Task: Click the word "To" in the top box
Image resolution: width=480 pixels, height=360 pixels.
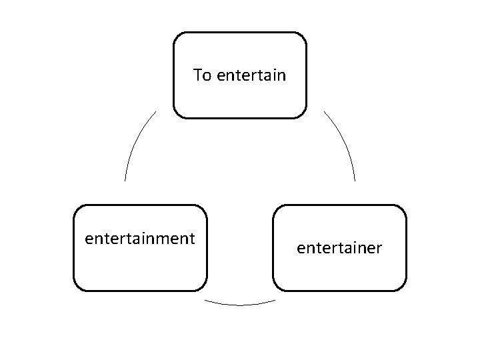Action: coord(201,75)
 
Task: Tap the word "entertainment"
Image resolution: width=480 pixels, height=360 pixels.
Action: coord(140,238)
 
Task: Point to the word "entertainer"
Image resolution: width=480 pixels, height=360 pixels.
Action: coord(339,249)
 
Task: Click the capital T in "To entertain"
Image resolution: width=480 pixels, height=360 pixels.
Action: coord(197,75)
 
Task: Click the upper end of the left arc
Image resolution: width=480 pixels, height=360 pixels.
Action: coord(155,111)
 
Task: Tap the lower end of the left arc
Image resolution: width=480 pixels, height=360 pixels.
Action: coord(125,181)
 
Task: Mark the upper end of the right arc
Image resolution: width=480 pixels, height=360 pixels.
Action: coord(325,111)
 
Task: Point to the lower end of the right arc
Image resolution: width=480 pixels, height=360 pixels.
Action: coord(355,181)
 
